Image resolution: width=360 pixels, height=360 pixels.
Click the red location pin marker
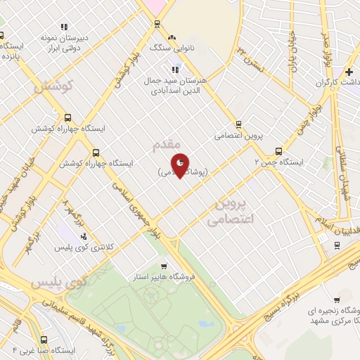(180, 164)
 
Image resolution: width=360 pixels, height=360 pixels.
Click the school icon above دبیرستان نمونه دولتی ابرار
(65, 27)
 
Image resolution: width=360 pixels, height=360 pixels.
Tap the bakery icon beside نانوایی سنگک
(170, 37)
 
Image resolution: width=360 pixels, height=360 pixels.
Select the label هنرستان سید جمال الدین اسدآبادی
(174, 85)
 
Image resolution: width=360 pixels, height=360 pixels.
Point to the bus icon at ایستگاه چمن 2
(279, 150)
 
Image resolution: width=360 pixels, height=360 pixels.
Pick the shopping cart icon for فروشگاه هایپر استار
(164, 266)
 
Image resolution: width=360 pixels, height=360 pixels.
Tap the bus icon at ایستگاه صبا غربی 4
(44, 337)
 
